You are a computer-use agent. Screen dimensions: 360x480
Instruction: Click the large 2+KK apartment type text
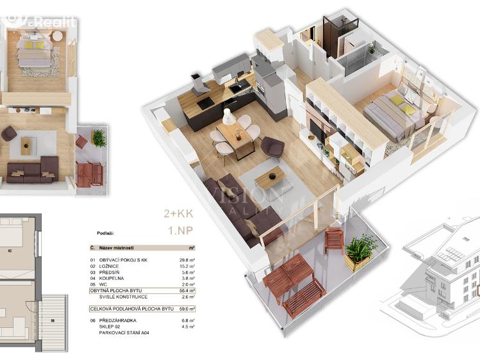click(x=179, y=215)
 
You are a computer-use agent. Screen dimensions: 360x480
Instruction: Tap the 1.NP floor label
click(x=181, y=230)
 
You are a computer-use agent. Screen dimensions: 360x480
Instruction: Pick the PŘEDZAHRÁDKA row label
click(x=118, y=320)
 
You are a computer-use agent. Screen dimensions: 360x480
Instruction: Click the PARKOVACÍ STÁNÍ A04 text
click(x=121, y=332)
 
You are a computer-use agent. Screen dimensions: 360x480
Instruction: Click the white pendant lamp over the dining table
click(x=228, y=117)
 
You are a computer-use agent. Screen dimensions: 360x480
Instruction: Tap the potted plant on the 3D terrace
click(x=360, y=249)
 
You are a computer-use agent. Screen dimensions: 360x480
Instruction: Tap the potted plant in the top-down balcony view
click(x=98, y=137)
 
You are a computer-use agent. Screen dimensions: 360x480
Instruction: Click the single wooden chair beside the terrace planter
click(x=333, y=240)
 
